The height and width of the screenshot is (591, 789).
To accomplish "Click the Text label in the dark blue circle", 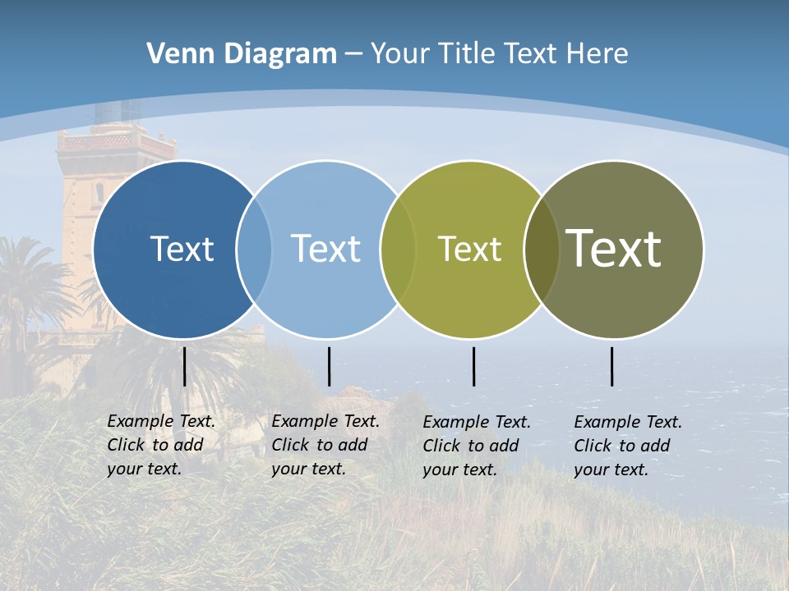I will pos(182,249).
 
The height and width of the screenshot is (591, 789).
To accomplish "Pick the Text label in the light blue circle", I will pos(325,249).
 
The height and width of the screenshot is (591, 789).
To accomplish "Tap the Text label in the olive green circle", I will pos(469,249).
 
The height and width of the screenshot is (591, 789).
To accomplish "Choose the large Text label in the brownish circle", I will pos(613,249).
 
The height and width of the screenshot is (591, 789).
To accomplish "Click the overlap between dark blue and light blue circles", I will pos(254,249).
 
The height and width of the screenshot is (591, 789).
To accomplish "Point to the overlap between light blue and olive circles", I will pos(398,249).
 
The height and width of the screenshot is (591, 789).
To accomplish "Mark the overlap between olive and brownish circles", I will pos(541,249).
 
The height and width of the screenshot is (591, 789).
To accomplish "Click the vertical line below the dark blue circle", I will pos(184,366).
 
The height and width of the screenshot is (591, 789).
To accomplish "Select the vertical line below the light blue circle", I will pos(329,366).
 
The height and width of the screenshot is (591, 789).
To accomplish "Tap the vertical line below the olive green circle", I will pos(473,366).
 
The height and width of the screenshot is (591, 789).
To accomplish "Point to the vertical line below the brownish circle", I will pos(611,366).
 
